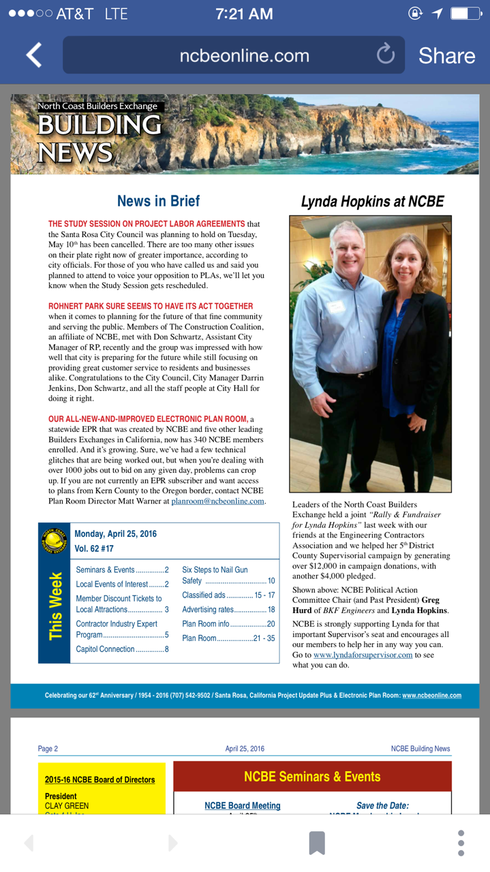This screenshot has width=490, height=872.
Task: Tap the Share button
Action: coord(446,56)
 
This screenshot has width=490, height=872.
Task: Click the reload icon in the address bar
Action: coord(386,54)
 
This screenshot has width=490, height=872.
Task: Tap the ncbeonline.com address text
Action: coord(244,56)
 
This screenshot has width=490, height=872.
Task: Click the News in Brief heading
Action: coord(158,201)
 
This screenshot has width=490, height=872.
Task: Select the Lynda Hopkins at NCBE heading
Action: coord(372,202)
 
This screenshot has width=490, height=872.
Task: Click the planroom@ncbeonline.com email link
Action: coord(217,501)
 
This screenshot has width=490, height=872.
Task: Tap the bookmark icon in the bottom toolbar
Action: coord(317,843)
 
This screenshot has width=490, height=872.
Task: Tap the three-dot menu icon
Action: coord(461,843)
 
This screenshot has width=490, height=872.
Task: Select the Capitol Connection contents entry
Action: coord(122,649)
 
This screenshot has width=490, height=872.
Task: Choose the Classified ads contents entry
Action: coord(228,595)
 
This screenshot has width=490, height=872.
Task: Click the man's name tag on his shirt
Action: coord(335,307)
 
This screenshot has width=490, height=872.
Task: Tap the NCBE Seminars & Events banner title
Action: coord(312,777)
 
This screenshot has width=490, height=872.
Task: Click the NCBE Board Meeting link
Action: coord(242,806)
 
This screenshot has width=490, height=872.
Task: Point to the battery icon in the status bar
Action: coord(465,14)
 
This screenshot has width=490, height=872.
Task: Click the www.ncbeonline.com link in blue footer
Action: coord(431,696)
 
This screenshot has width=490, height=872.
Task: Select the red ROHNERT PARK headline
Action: coord(151,306)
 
